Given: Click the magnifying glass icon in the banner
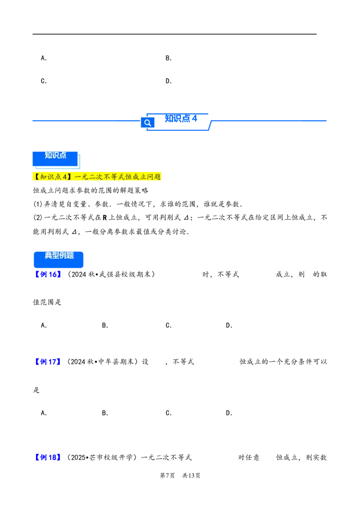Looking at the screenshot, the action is coord(148,123).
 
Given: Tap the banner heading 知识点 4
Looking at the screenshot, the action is coord(181,118).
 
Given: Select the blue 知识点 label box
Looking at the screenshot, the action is coord(55,159).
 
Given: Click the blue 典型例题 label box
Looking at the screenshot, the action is coord(58,259).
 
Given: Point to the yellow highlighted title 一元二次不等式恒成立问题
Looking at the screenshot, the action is coord(117,177).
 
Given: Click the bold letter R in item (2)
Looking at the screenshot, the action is coord(104,218).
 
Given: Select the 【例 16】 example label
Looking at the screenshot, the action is coord(48,275).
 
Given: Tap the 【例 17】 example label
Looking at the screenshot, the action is coord(48,362).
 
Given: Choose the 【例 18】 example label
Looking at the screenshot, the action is coord(48,458).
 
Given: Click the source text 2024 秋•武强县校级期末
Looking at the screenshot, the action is coord(111,275).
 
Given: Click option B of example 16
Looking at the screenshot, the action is coord(105,326).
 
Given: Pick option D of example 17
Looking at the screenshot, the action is coord(229,413).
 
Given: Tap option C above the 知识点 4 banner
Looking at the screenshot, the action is coord(44,81).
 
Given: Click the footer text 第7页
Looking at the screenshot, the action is coord(167,476).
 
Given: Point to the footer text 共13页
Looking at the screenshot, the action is coord(191,476).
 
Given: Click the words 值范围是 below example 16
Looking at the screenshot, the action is coord(47,303).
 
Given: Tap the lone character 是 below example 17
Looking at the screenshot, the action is coord(36,390).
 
